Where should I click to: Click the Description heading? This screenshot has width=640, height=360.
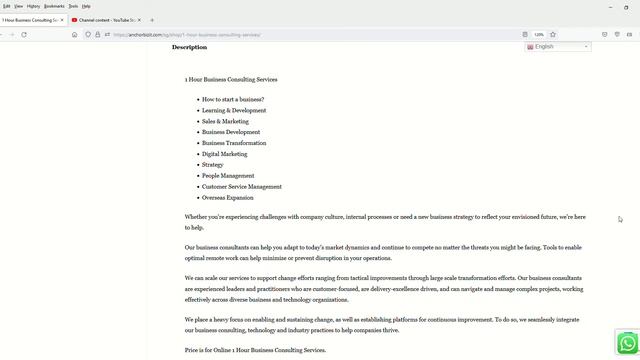tap(189, 47)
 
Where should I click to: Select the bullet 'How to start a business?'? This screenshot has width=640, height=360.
tap(232, 100)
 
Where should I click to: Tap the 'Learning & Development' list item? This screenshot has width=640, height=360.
tap(234, 111)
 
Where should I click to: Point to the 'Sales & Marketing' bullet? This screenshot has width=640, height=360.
tap(225, 121)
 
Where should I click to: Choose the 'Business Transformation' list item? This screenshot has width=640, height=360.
tap(234, 143)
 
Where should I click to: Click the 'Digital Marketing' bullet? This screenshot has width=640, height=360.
tap(224, 154)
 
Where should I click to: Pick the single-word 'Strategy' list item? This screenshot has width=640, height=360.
tap(212, 165)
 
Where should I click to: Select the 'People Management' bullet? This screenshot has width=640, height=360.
tap(228, 176)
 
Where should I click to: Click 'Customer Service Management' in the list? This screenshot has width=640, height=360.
tap(241, 187)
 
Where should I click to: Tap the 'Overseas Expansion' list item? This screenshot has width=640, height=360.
tap(227, 198)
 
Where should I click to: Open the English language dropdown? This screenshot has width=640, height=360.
tap(558, 47)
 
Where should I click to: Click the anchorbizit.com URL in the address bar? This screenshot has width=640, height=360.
tap(186, 34)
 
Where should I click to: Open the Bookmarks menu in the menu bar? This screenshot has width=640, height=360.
tap(54, 6)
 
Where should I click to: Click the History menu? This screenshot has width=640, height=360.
tap(34, 6)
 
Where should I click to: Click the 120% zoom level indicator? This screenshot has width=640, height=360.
tap(539, 34)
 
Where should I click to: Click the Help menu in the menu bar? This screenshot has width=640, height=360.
tap(86, 6)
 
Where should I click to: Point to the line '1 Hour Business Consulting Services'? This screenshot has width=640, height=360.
tap(231, 79)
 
